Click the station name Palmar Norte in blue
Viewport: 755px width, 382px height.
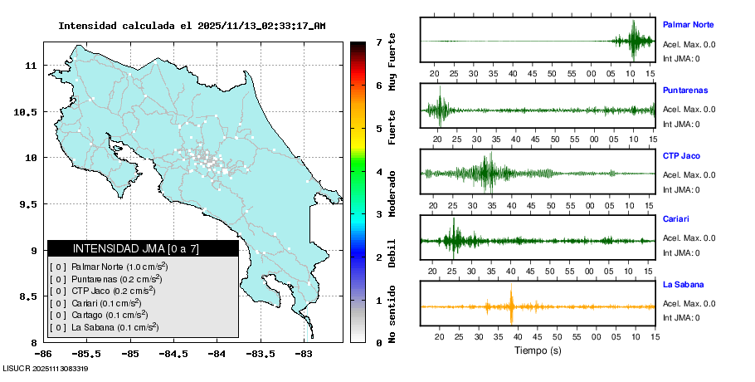coord(688,25)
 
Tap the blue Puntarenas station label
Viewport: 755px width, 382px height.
coord(684,90)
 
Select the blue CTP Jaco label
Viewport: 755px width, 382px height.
coord(681,154)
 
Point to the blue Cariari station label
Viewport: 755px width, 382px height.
coord(677,219)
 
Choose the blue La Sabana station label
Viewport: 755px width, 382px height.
coord(683,284)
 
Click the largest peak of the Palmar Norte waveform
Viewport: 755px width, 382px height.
coord(634,38)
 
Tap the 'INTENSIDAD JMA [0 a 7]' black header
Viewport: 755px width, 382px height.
coord(143,248)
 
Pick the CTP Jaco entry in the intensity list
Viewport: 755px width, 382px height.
coord(108,291)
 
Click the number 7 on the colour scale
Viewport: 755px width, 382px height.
coord(378,42)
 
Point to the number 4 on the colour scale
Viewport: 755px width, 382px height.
coord(378,172)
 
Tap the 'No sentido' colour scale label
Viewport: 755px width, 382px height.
coord(392,315)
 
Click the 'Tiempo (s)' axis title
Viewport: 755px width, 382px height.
coord(538,350)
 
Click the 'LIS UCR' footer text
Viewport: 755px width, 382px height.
coord(46,368)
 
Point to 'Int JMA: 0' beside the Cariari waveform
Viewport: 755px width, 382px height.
coord(680,253)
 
